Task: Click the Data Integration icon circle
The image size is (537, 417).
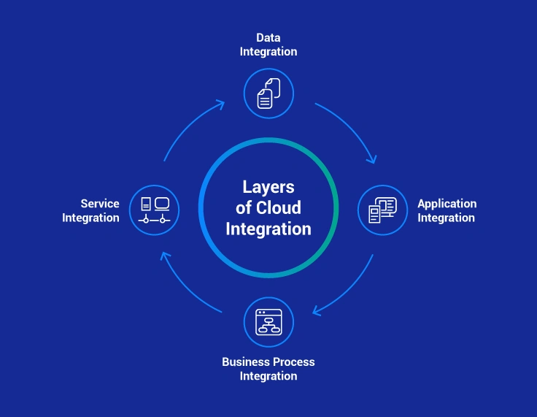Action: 268,93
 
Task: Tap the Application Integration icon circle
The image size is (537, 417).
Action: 382,210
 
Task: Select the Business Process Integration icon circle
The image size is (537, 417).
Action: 268,322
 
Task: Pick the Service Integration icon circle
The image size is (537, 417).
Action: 155,210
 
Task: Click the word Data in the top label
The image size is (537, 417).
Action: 268,37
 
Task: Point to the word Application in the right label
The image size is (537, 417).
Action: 447,204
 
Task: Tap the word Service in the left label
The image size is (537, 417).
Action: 100,204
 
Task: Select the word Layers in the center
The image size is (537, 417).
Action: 268,187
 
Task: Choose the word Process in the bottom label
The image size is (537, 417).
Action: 294,362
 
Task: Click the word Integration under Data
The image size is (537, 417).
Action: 268,52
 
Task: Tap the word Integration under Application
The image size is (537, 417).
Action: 447,218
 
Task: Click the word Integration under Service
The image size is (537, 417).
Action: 90,218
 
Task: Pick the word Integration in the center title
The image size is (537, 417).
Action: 268,229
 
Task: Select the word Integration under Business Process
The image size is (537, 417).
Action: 268,376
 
